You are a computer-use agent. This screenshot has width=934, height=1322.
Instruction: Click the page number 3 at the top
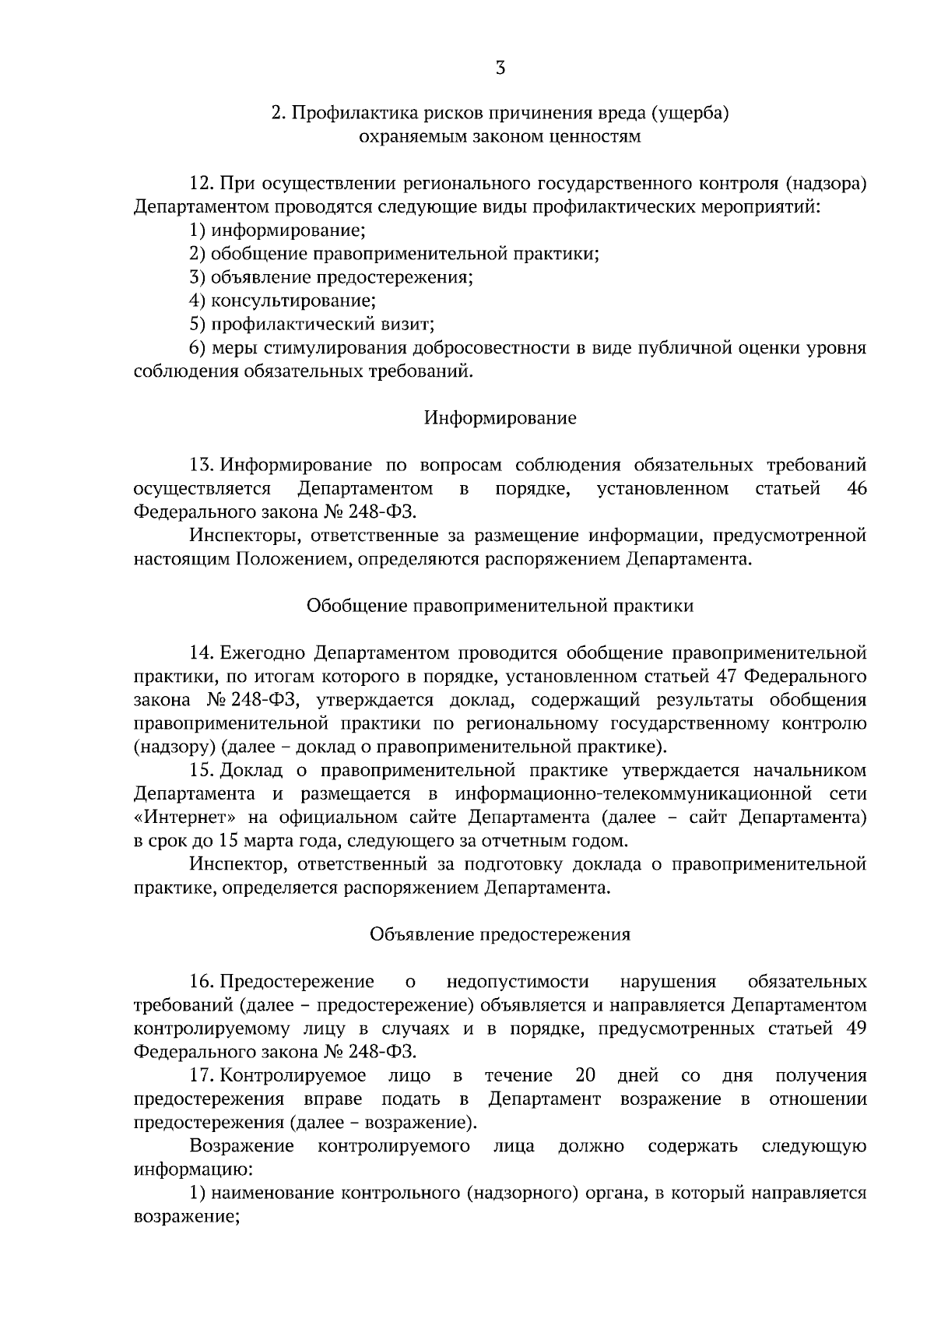pos(500,69)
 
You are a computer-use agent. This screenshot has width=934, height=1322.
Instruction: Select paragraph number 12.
pos(202,184)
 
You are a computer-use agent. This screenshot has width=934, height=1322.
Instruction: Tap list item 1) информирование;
pos(278,230)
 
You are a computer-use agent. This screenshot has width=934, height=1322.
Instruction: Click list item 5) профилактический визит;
pos(311,324)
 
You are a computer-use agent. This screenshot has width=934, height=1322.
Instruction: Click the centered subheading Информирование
pos(500,418)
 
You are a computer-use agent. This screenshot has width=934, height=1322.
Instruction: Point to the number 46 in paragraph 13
pos(855,489)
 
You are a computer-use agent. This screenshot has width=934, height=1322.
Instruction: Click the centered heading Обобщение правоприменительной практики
pos(500,606)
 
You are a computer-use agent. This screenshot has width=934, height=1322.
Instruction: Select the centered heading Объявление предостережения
pos(500,934)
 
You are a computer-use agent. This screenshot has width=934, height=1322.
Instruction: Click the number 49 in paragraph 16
pos(855,1028)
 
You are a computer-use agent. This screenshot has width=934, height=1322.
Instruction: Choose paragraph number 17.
pos(202,1076)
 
